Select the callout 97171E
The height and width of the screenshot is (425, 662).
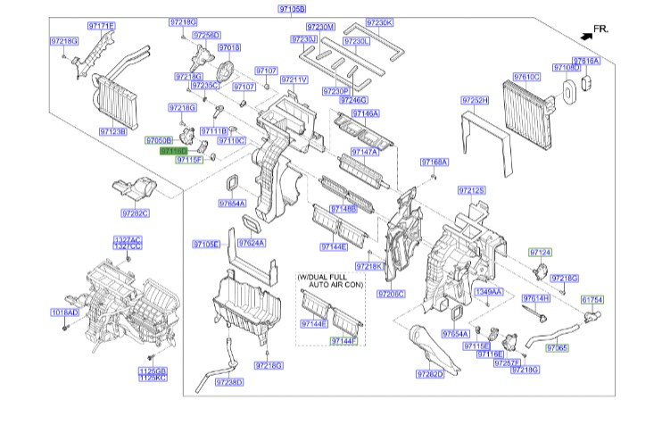point(100,27)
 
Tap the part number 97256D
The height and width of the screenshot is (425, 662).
point(205,35)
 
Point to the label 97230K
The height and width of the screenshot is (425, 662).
point(379,21)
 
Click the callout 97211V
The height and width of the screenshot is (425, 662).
point(294,79)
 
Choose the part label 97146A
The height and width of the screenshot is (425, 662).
point(365,113)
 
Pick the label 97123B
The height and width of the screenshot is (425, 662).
point(113,131)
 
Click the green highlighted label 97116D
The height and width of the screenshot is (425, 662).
point(173,152)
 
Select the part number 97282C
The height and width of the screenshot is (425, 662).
point(136,212)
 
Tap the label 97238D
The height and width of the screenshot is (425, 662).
point(229,382)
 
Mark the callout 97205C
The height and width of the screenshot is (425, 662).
point(391,293)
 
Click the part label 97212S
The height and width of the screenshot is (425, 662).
point(471,191)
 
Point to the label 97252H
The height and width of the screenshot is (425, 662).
point(475,100)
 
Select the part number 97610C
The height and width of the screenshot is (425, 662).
point(526,77)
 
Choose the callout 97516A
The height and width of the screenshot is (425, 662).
point(586,61)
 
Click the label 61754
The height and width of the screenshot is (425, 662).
point(593,300)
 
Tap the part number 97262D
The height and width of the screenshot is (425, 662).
point(430,374)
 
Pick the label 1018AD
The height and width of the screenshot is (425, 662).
point(64,313)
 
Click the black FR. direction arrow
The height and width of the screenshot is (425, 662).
point(585,34)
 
